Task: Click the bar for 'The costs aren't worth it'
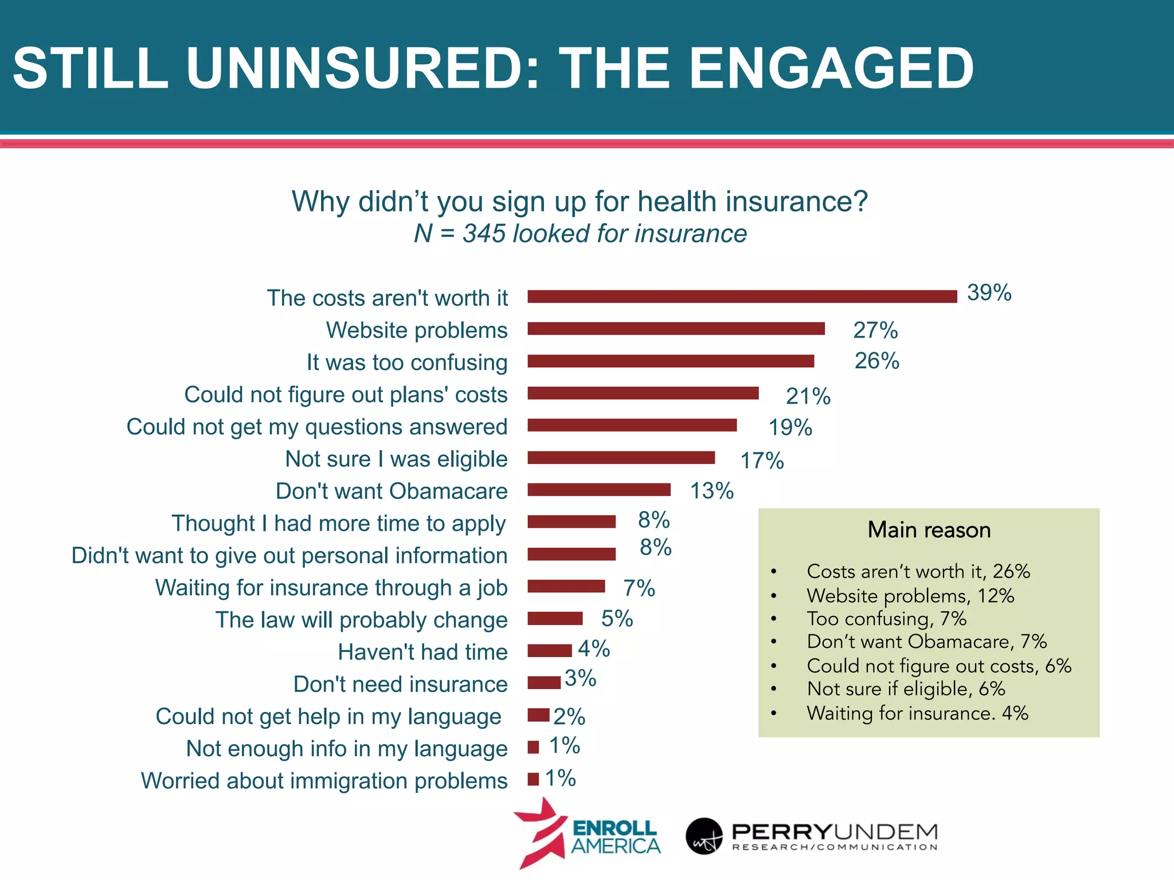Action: click(x=742, y=296)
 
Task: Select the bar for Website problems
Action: click(x=676, y=328)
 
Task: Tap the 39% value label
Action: click(x=989, y=293)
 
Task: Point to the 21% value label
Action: click(x=808, y=396)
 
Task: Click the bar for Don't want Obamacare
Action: click(x=598, y=489)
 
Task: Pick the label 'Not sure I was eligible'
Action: click(x=396, y=459)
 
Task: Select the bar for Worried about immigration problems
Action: click(x=533, y=779)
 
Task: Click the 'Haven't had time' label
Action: click(x=422, y=652)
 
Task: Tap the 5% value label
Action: click(x=617, y=619)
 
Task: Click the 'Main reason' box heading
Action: click(x=929, y=530)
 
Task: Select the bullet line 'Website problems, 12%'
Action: click(x=910, y=596)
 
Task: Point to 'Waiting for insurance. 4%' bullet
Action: click(x=917, y=713)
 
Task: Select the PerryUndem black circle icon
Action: click(x=704, y=836)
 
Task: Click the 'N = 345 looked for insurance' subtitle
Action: click(x=580, y=234)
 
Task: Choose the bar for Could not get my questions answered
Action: click(x=632, y=425)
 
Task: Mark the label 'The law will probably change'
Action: click(x=361, y=620)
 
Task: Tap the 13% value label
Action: click(x=711, y=491)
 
